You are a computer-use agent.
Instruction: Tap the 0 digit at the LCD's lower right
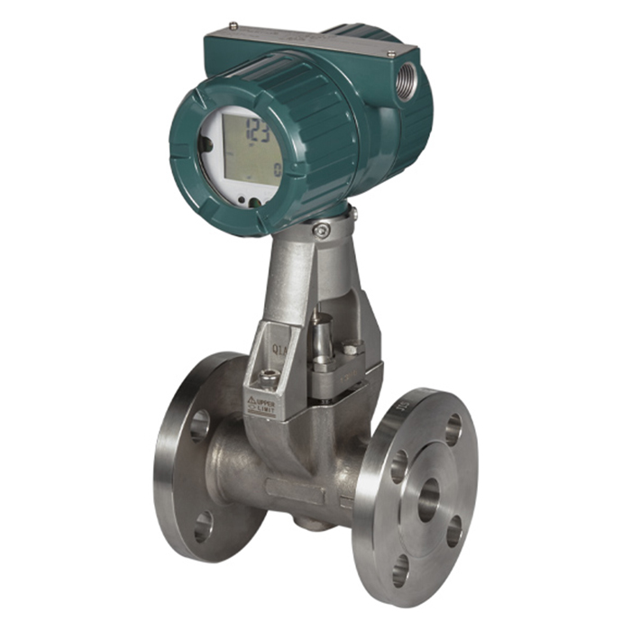pos(277,169)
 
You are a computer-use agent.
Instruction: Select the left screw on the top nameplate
pos(233,25)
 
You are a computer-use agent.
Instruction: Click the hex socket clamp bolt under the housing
pos(322,231)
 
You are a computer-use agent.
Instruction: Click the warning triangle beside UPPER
pos(251,399)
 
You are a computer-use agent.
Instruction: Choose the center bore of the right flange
pos(428,498)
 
